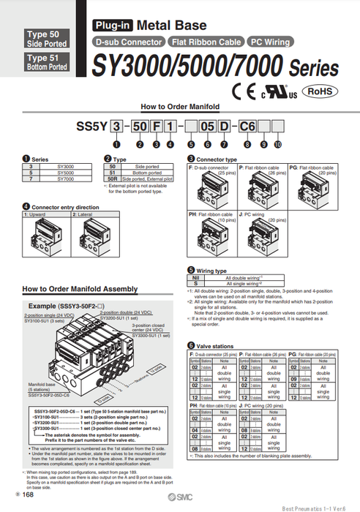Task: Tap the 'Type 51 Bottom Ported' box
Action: tap(47, 61)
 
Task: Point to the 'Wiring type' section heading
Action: tap(212, 270)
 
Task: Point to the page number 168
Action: tap(27, 495)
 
